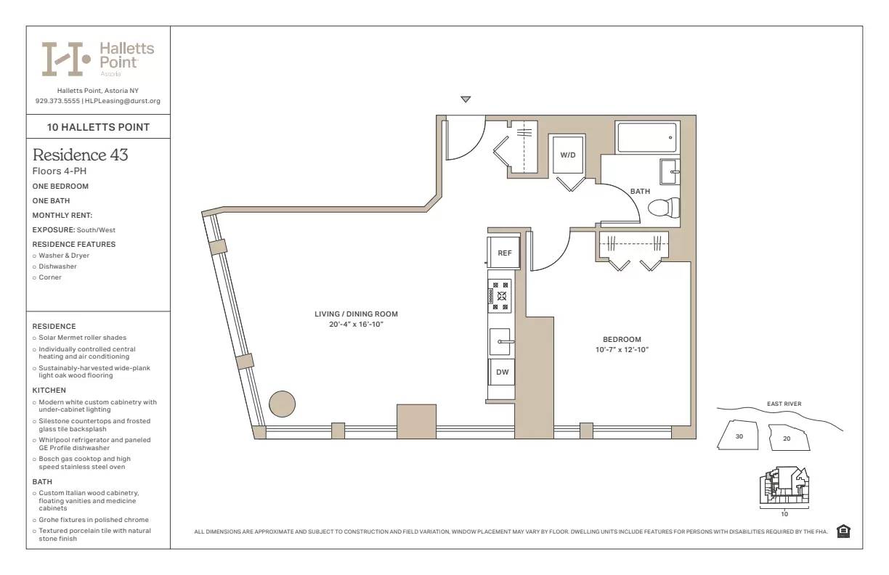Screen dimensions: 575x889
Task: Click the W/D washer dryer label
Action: pos(567,155)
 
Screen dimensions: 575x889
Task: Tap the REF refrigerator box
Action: pos(504,253)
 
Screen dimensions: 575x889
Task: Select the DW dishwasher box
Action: pos(502,372)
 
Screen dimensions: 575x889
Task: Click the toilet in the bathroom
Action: pos(663,208)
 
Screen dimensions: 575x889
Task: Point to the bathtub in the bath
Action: pos(646,137)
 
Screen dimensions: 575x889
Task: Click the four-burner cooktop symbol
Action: pos(500,296)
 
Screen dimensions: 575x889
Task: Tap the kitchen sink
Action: pos(500,341)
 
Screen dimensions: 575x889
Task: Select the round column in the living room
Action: pos(282,403)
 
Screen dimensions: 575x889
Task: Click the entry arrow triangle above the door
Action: pos(466,99)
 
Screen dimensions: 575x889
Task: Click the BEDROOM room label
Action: pos(622,339)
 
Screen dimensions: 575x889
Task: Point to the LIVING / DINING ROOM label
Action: pos(356,314)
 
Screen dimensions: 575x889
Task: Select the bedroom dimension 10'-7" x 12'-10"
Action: pos(622,350)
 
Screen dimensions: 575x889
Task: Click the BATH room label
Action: pos(640,192)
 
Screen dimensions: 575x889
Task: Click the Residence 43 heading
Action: pos(81,155)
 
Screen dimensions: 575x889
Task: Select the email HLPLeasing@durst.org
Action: pos(123,101)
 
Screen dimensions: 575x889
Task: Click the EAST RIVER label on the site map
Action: pos(784,404)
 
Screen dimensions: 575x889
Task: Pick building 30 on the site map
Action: pos(739,436)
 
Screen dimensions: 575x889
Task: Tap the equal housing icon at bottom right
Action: pos(843,531)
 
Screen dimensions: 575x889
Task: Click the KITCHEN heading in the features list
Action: pos(49,390)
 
